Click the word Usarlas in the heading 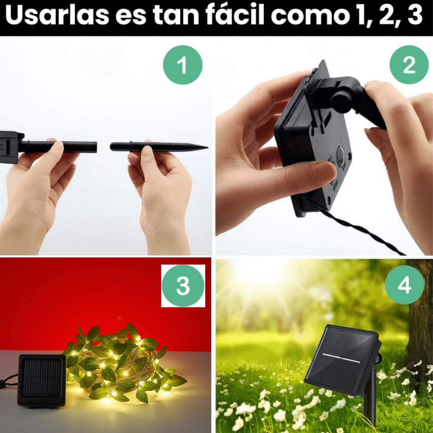(x=57, y=16)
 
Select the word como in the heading (x=310, y=16)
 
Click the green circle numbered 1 (x=183, y=65)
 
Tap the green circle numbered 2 (x=409, y=65)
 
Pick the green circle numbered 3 (x=183, y=286)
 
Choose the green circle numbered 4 (x=404, y=285)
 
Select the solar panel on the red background (x=42, y=381)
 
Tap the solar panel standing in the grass (x=343, y=359)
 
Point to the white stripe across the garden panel (x=341, y=358)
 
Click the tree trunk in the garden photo (x=420, y=317)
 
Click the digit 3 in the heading (x=415, y=16)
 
